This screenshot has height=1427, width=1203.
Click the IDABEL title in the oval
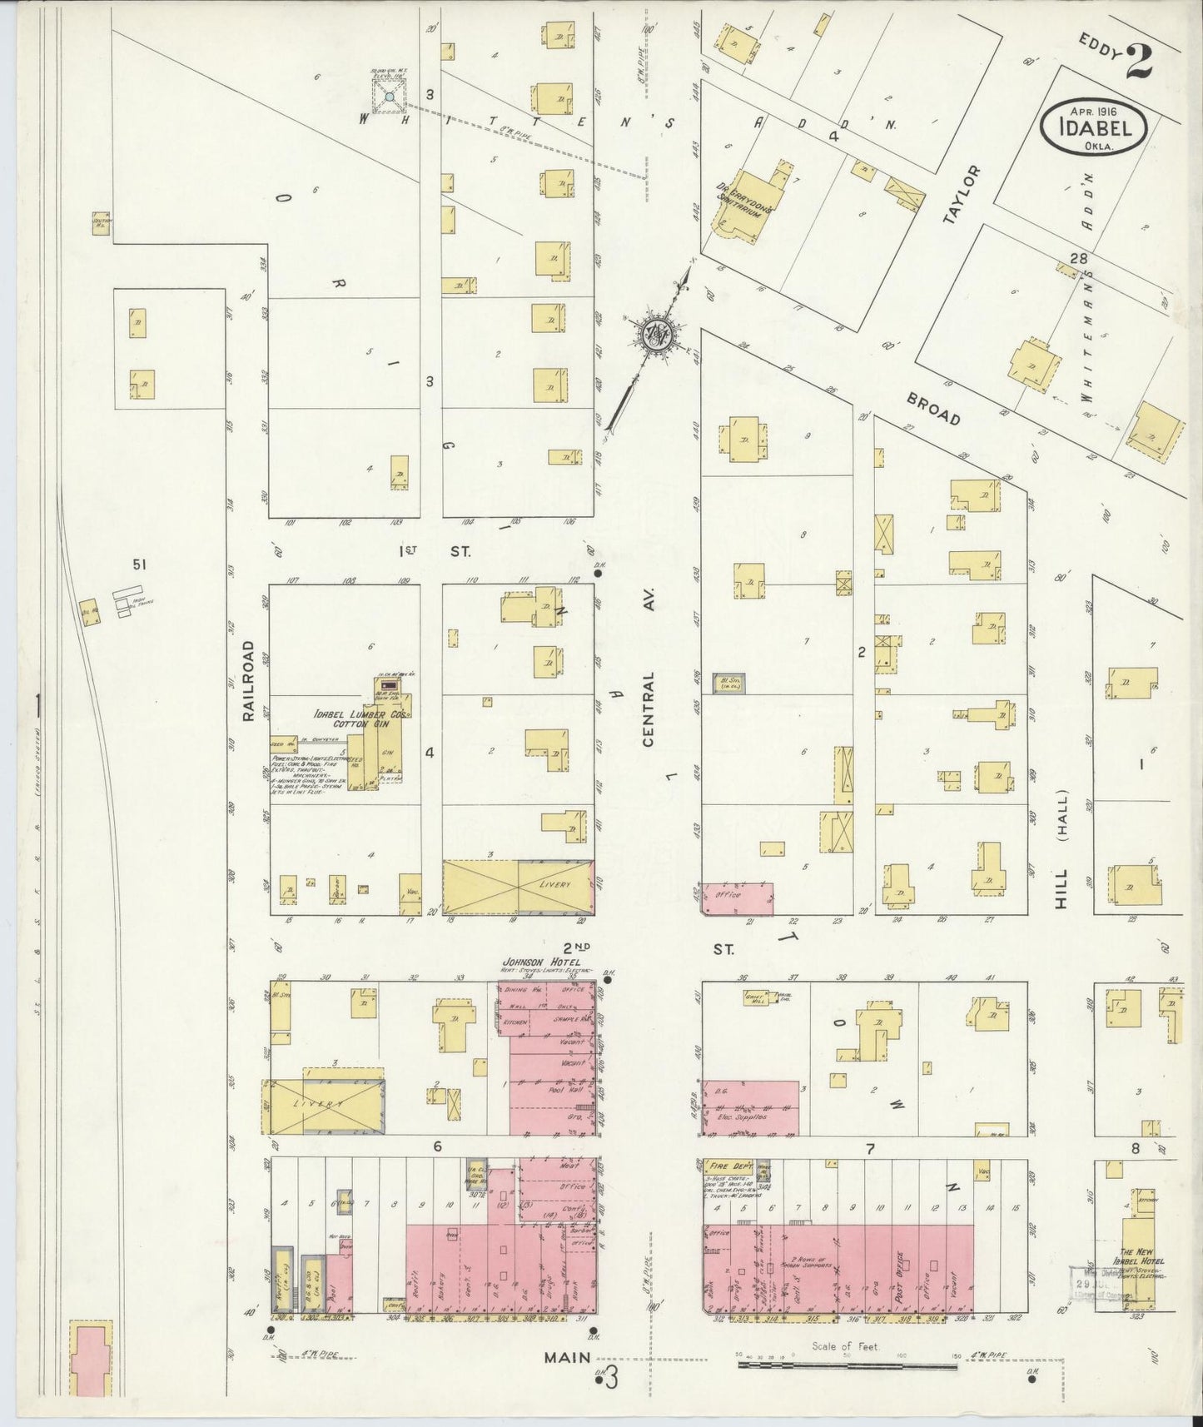click(1094, 129)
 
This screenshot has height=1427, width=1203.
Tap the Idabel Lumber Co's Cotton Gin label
click(353, 719)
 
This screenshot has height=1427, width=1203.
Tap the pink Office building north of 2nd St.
click(737, 898)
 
